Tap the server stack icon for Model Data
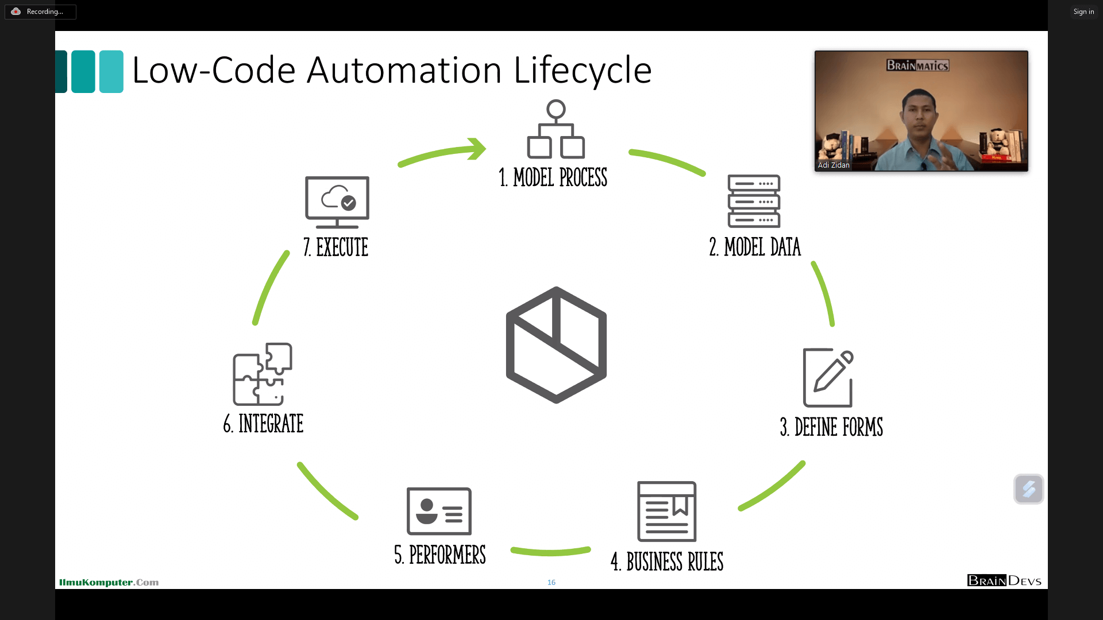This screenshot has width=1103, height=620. pos(754,201)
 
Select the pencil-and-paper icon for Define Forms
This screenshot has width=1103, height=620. pos(828,378)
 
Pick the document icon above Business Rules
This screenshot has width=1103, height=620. pos(666,511)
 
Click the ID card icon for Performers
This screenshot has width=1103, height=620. pos(439,511)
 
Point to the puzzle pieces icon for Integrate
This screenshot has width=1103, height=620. pos(263,374)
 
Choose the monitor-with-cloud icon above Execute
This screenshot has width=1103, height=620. pos(337,202)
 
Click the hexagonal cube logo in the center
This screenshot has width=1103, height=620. pos(556,345)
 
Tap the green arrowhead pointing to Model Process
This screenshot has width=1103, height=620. pos(477,149)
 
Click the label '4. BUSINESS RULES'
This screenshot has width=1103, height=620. pos(667,561)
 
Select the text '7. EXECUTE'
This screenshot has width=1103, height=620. pos(336,247)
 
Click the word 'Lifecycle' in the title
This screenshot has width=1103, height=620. pos(582,71)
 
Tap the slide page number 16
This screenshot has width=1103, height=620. pos(551,582)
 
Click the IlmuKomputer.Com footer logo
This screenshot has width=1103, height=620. pos(109,582)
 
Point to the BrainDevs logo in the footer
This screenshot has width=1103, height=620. pos(1004,580)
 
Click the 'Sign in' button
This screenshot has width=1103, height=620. pos(1083,11)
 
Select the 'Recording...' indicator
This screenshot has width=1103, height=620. pos(40,11)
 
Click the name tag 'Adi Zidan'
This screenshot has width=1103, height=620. pos(833,165)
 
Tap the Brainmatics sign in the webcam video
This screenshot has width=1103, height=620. pos(917,65)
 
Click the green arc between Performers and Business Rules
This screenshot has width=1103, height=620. pos(550,552)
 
